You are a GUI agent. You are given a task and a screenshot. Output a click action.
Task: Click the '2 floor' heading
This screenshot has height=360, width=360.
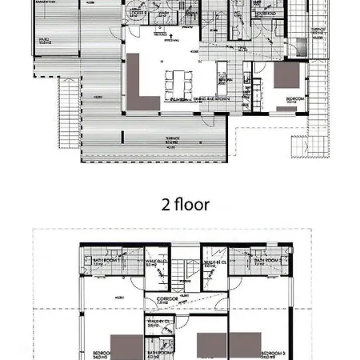pyautogui.click(x=186, y=205)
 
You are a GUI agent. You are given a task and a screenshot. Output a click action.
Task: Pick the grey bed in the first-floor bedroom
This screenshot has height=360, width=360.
pyautogui.click(x=286, y=75)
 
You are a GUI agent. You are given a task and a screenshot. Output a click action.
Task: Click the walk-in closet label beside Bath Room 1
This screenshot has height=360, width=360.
pyautogui.click(x=156, y=262)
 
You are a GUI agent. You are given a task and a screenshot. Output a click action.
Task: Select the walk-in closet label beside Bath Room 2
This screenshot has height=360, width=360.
pyautogui.click(x=213, y=262)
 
